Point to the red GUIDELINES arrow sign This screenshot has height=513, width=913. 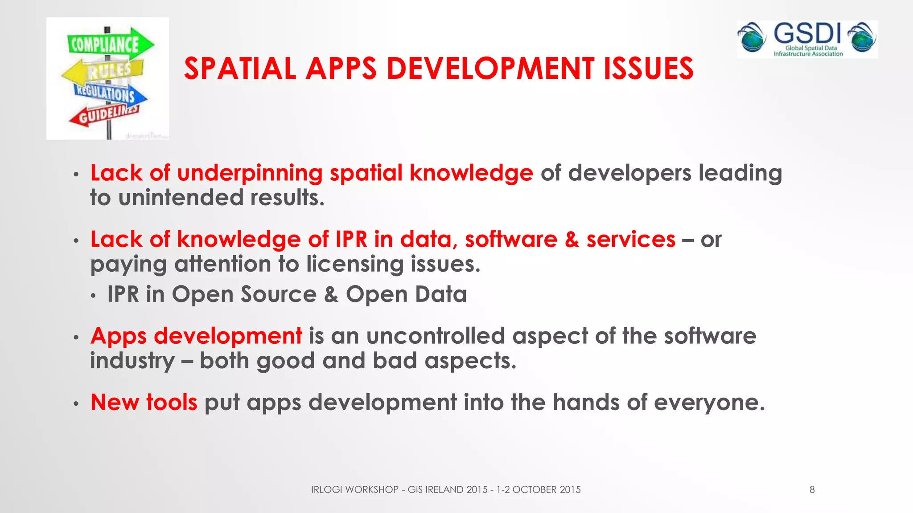pyautogui.click(x=105, y=115)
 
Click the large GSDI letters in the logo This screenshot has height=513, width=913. pyautogui.click(x=807, y=33)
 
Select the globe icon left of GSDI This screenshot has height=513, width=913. pyautogui.click(x=752, y=37)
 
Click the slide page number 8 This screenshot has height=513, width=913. pyautogui.click(x=812, y=490)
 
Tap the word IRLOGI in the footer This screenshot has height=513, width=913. pyautogui.click(x=326, y=490)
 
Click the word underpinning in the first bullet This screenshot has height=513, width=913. pyautogui.click(x=250, y=173)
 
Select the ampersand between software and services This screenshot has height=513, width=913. pyautogui.click(x=572, y=240)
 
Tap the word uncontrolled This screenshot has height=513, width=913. pyautogui.click(x=436, y=336)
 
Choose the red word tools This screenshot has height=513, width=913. pyautogui.click(x=172, y=403)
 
